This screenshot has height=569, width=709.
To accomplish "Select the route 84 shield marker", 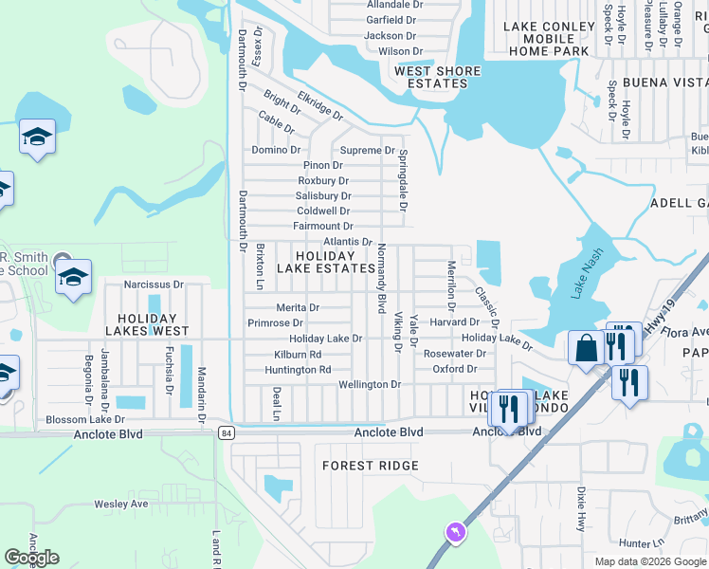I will [225, 433].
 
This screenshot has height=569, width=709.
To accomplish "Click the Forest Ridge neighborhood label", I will [370, 466].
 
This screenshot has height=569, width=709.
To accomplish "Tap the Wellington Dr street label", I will [370, 385].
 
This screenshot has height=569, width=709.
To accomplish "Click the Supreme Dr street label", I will [368, 151].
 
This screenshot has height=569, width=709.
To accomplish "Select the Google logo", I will [31, 558].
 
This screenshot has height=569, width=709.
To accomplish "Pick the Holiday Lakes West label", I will [153, 324].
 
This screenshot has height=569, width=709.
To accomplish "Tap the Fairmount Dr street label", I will [323, 227].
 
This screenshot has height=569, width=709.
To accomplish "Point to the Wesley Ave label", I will [120, 505].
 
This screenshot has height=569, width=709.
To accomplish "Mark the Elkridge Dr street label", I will [319, 105].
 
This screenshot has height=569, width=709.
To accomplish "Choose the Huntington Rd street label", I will [298, 370].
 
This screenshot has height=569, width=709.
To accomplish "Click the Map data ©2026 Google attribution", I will [649, 561].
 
